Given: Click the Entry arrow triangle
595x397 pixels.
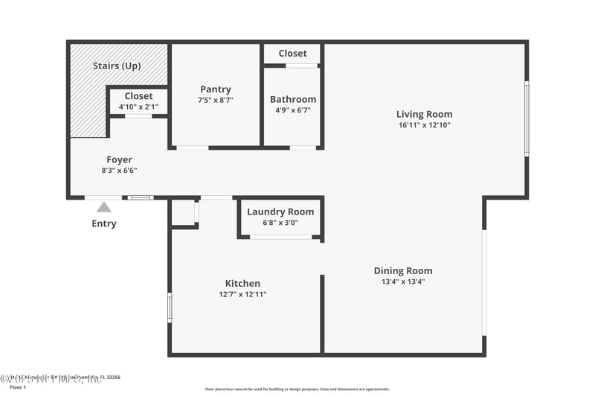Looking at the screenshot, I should pyautogui.click(x=104, y=207).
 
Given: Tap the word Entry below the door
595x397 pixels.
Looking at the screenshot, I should pyautogui.click(x=104, y=223).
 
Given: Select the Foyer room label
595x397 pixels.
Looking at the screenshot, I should pyautogui.click(x=119, y=159).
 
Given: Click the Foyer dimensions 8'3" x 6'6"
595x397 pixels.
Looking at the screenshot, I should pyautogui.click(x=119, y=170).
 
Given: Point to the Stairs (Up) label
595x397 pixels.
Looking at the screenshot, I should pyautogui.click(x=118, y=66).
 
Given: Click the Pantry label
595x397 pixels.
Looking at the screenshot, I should pyautogui.click(x=216, y=89).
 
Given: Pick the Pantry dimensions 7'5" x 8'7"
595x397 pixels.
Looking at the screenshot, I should pyautogui.click(x=216, y=100).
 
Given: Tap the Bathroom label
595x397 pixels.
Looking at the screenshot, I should pyautogui.click(x=293, y=99).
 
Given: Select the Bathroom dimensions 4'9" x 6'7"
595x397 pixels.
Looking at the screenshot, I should pyautogui.click(x=293, y=110).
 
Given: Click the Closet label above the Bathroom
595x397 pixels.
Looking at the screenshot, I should pyautogui.click(x=292, y=54).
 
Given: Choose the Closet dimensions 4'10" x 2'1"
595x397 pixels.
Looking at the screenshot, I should pyautogui.click(x=138, y=107).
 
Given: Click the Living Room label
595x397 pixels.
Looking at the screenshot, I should pyautogui.click(x=424, y=114).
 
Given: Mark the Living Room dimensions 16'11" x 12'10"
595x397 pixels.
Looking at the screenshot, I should pyautogui.click(x=424, y=125).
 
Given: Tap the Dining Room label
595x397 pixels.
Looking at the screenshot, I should pyautogui.click(x=403, y=270).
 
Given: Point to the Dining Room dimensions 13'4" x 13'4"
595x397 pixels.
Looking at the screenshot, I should pyautogui.click(x=403, y=282).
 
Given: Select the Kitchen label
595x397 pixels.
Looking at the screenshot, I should pyautogui.click(x=243, y=283).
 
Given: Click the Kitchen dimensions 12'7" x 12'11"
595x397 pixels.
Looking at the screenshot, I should pyautogui.click(x=243, y=294).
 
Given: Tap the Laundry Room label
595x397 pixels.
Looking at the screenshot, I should pyautogui.click(x=280, y=212).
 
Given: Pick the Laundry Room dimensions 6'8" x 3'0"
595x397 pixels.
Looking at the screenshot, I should pyautogui.click(x=280, y=222).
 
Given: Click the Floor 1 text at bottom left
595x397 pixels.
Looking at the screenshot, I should pyautogui.click(x=17, y=387).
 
